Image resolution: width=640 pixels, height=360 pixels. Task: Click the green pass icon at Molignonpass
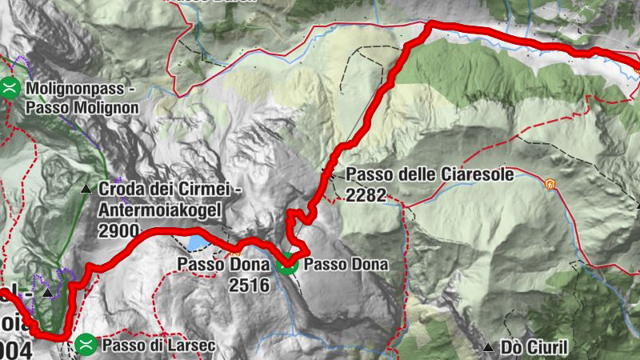pyautogui.click(x=10, y=87)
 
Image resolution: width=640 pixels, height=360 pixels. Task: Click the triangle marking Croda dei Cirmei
pyautogui.click(x=86, y=189)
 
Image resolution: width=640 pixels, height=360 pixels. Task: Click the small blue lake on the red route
pyautogui.click(x=196, y=242)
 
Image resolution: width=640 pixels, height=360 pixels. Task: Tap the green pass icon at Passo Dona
pyautogui.click(x=288, y=263)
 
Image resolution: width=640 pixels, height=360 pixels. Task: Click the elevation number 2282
pyautogui.click(x=366, y=194)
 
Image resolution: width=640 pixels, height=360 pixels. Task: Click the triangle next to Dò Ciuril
pyautogui.click(x=488, y=347)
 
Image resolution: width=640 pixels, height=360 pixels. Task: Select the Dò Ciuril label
pyautogui.click(x=534, y=347)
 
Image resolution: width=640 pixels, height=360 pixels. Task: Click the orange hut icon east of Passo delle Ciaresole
pyautogui.click(x=550, y=185)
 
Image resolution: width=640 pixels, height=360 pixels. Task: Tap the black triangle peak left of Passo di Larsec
pyautogui.click(x=47, y=294)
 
